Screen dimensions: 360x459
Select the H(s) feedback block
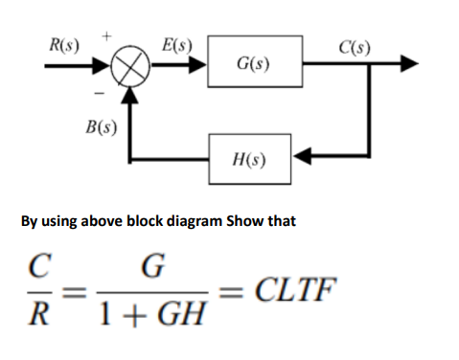point(253,153)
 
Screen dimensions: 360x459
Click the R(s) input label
point(66,44)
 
